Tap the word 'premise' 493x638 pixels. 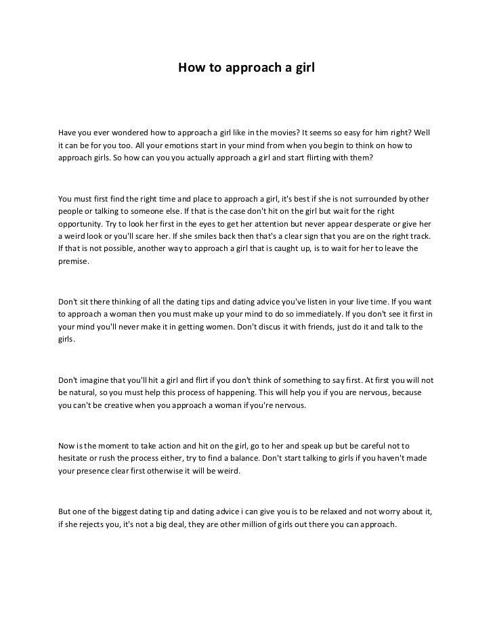coord(72,261)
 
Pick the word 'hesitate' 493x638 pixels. coord(76,459)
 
